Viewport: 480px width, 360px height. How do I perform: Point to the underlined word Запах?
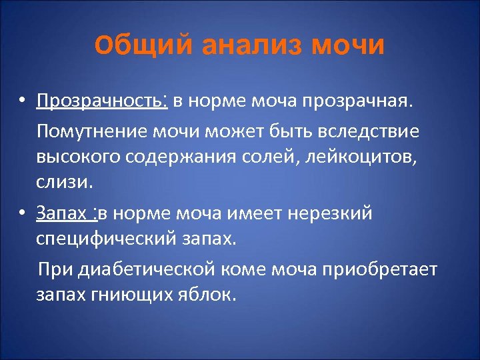[62, 214]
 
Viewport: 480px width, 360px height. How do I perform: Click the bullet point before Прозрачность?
[22, 102]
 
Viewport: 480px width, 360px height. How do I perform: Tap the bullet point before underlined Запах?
[22, 214]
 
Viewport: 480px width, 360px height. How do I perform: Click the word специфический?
[105, 239]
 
